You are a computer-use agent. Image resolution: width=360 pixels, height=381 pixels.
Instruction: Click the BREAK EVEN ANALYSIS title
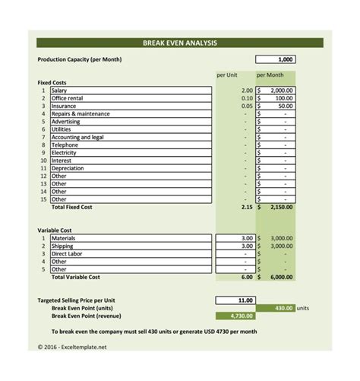tap(180, 43)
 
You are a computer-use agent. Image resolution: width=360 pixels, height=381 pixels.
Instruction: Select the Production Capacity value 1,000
tap(276, 59)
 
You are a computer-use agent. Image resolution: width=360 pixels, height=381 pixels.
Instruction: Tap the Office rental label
tap(70, 98)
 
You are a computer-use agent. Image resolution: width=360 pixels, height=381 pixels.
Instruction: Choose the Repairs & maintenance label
tap(81, 114)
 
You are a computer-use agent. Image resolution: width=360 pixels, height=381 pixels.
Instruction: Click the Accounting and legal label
tap(77, 138)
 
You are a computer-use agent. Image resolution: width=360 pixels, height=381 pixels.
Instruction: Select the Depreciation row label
tap(68, 169)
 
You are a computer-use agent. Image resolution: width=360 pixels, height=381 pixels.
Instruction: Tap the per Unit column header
tap(227, 75)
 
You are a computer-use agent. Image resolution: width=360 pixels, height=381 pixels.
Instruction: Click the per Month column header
tap(270, 75)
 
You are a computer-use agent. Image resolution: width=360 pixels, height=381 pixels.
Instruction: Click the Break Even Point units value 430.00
tap(283, 308)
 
